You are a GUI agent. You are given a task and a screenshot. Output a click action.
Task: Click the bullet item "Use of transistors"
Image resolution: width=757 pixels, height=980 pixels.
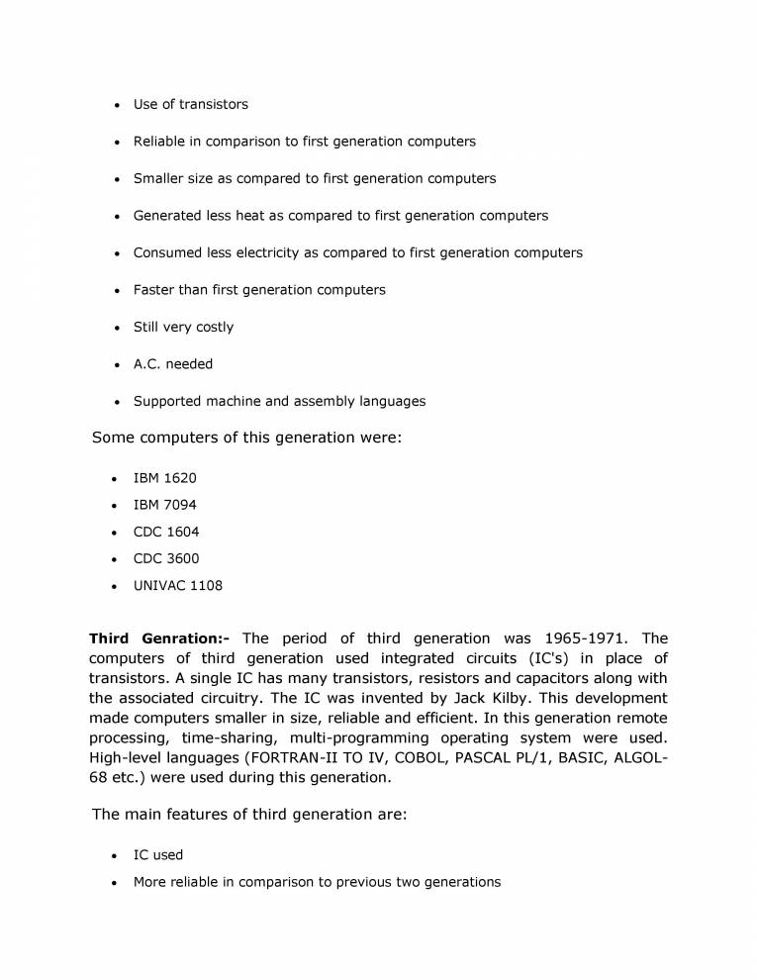click(x=190, y=104)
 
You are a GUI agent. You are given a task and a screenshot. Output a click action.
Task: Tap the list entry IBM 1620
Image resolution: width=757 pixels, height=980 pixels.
click(x=164, y=478)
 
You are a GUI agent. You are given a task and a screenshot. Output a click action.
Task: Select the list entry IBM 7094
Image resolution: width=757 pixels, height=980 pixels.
click(x=164, y=505)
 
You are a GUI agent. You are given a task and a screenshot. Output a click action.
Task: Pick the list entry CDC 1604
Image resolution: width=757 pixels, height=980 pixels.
click(x=165, y=532)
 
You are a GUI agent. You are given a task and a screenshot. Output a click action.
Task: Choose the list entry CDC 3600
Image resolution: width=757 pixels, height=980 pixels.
click(x=165, y=558)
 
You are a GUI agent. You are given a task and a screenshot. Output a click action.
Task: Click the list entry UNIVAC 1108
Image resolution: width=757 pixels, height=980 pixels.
click(x=177, y=585)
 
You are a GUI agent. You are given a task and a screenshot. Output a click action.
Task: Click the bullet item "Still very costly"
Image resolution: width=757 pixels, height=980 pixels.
click(x=183, y=327)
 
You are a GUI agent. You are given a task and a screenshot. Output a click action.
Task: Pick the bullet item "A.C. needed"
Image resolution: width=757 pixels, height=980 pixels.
click(x=172, y=364)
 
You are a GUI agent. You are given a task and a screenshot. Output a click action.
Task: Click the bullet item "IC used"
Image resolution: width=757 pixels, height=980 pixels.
click(x=157, y=854)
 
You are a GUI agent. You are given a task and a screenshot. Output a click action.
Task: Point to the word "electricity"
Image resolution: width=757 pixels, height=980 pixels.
click(x=267, y=252)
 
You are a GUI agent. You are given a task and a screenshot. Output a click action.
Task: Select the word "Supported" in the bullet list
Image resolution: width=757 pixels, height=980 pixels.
click(x=167, y=401)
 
